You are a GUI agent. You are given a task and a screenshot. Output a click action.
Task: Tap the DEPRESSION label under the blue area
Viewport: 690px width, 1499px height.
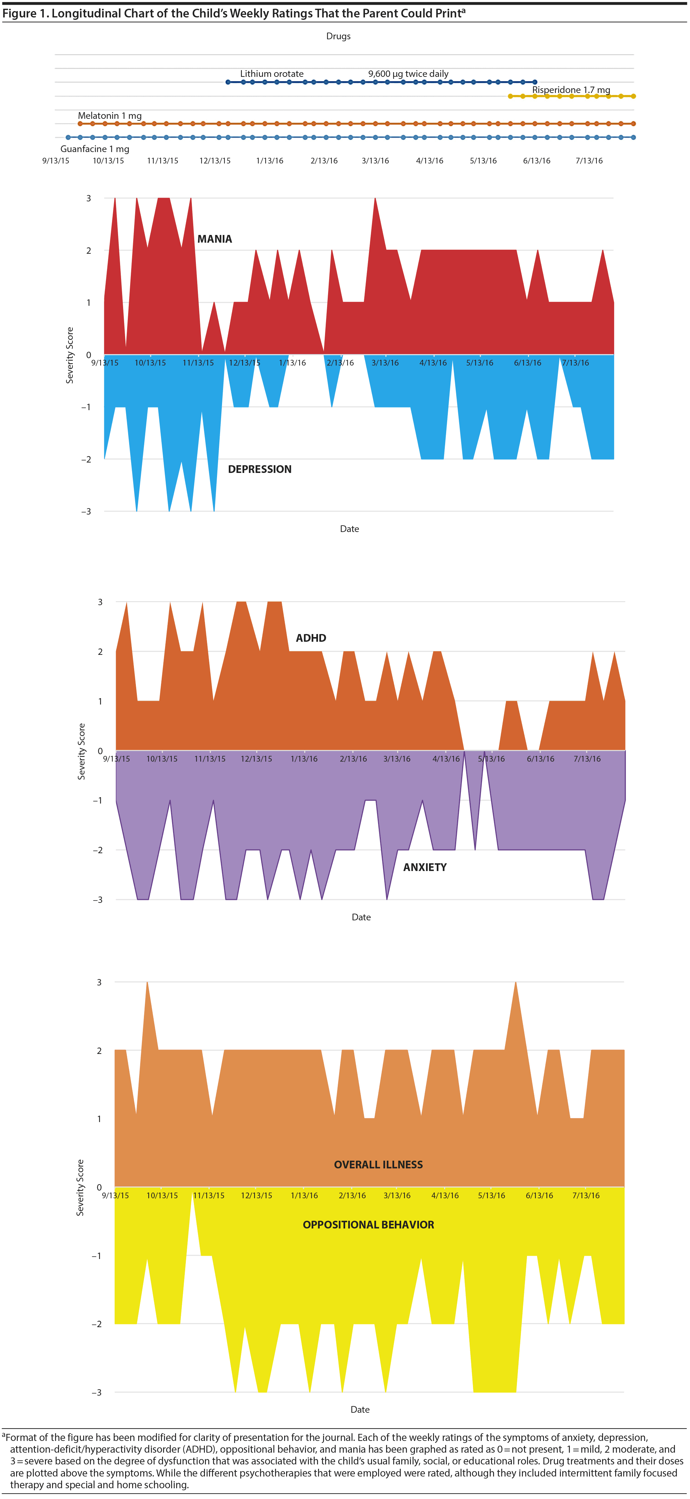pos(260,469)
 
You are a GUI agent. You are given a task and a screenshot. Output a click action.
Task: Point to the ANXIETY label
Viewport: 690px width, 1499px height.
pos(425,867)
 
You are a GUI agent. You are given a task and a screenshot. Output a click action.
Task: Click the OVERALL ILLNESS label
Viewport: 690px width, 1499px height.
pos(378,1164)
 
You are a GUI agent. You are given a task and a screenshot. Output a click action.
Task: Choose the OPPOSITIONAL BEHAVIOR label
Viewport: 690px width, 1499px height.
pos(368,1224)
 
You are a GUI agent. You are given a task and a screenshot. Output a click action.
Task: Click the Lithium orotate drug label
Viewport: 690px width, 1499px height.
pos(272,74)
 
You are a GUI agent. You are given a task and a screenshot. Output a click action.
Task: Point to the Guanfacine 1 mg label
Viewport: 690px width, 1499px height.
pos(95,149)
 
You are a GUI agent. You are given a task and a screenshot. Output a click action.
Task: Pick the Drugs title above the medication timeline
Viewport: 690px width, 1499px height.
pos(338,36)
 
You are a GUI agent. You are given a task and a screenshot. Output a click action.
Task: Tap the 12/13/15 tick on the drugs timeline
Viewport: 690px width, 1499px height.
pos(215,160)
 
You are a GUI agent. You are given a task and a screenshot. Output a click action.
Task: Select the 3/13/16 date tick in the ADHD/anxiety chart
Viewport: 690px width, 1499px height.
pos(397,759)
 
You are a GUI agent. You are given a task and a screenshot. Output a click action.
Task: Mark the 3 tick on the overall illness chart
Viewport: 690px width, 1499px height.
pos(99,982)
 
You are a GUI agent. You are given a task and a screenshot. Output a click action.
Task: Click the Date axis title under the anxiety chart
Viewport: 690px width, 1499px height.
pos(361,917)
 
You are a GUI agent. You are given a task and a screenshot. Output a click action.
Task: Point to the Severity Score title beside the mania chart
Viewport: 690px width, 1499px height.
pos(70,355)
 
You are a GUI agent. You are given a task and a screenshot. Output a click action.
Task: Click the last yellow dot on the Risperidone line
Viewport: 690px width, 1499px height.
pos(633,96)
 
